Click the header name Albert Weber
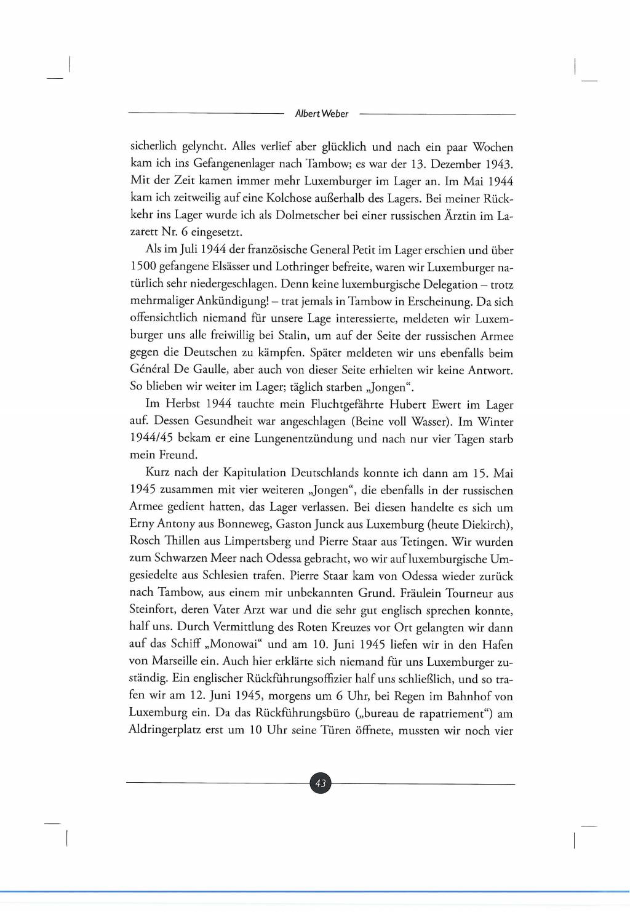point(321,114)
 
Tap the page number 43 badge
point(320,783)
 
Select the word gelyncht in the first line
point(204,147)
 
